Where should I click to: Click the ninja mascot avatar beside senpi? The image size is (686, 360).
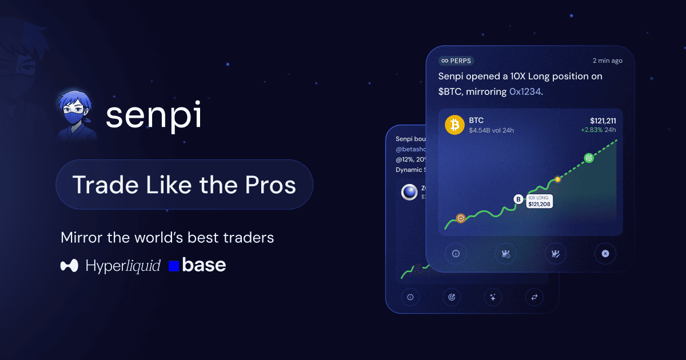pyautogui.click(x=78, y=117)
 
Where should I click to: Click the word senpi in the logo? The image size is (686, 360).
pyautogui.click(x=153, y=116)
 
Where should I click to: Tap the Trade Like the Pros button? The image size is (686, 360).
pyautogui.click(x=184, y=185)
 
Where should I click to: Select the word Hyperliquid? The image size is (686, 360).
pyautogui.click(x=123, y=266)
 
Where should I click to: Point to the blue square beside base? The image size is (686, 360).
pyautogui.click(x=174, y=266)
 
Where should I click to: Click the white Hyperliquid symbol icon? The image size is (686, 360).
pyautogui.click(x=69, y=266)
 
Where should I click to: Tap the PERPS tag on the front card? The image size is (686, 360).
pyautogui.click(x=456, y=61)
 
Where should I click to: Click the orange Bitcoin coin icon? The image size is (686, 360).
pyautogui.click(x=454, y=125)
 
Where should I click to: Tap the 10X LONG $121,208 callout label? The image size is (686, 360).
pyautogui.click(x=539, y=201)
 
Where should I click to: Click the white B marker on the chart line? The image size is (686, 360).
pyautogui.click(x=519, y=199)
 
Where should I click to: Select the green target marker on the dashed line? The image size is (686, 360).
pyautogui.click(x=588, y=158)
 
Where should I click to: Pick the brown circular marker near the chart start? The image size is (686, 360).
pyautogui.click(x=461, y=218)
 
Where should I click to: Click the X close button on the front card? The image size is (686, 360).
pyautogui.click(x=605, y=253)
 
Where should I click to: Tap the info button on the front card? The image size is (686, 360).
pyautogui.click(x=456, y=253)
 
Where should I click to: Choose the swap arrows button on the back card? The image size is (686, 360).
pyautogui.click(x=535, y=297)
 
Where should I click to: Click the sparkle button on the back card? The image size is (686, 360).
pyautogui.click(x=493, y=297)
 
